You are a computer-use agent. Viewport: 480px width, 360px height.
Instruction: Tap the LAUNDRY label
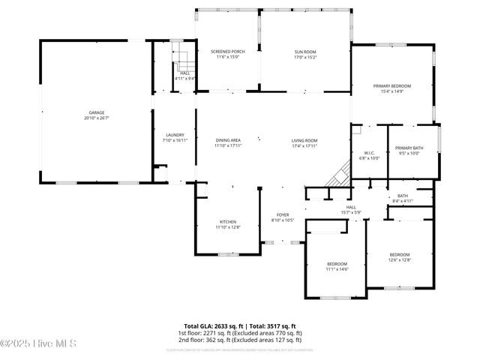tap(174, 135)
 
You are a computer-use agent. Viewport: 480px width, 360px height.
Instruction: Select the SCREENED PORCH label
tap(226, 52)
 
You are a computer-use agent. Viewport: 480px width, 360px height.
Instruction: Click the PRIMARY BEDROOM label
tap(391, 86)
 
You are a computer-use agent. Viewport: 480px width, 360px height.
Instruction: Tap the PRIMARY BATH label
tap(409, 148)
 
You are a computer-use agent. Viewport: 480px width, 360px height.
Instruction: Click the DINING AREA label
tap(227, 140)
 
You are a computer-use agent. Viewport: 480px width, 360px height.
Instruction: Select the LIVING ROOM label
tap(304, 140)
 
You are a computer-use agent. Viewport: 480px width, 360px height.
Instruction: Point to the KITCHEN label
tap(228, 222)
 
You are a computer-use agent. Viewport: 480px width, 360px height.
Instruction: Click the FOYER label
tap(283, 214)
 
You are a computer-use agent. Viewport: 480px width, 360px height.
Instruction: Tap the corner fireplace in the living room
tap(338, 175)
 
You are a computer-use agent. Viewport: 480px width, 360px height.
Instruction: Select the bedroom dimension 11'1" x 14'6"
tap(337, 268)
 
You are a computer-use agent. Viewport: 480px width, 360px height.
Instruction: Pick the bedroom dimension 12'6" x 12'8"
tap(399, 259)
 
